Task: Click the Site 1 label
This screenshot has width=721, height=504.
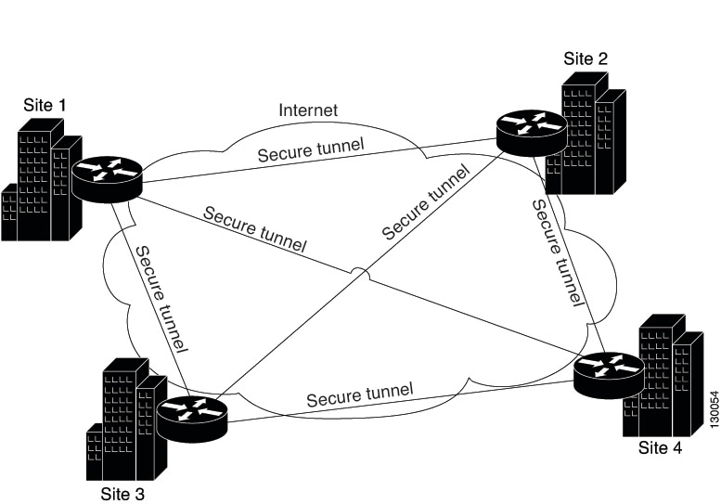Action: coord(45,105)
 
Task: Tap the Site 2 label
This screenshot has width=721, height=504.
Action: coord(586,58)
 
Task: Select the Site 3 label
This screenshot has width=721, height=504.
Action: coord(122,493)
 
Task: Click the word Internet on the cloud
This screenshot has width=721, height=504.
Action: coord(308,110)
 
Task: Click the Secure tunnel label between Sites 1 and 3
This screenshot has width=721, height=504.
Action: coord(161,300)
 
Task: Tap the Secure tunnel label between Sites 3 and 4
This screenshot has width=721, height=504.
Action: coord(359,395)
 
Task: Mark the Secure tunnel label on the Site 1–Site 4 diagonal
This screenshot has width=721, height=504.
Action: coord(253,230)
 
